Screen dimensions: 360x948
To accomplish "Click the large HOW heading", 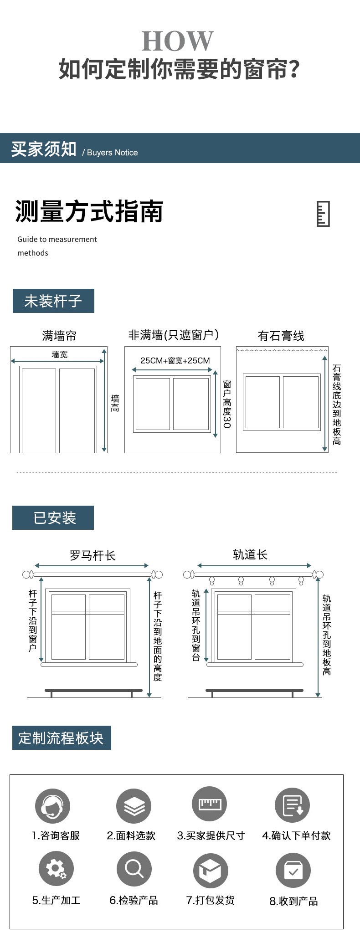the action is tap(177, 41).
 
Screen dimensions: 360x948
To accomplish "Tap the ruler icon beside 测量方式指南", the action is tap(323, 213).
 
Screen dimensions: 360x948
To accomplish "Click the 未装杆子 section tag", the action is tap(53, 301).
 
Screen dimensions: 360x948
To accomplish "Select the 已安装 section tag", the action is tap(53, 518).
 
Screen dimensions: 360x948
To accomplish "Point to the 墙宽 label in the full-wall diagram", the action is tap(59, 354).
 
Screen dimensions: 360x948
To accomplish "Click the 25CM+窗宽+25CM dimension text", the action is tap(175, 360).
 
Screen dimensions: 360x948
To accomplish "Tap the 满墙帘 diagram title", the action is tap(59, 336).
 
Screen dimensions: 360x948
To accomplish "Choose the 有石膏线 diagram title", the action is tap(281, 336).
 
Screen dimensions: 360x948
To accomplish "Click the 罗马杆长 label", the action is tap(93, 555).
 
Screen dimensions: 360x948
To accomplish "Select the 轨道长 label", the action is tap(250, 554).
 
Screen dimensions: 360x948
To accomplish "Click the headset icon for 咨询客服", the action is tap(52, 805).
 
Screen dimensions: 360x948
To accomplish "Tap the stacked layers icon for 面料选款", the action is tap(134, 805).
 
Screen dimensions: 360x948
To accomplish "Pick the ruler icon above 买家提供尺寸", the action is tap(209, 805).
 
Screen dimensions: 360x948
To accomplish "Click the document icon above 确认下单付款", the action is tap(292, 805).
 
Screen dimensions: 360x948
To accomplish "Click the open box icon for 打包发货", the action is tap(210, 871).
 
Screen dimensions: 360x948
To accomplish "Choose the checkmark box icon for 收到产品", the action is tap(293, 871).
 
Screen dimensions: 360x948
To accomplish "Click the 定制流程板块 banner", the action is tap(61, 738).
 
